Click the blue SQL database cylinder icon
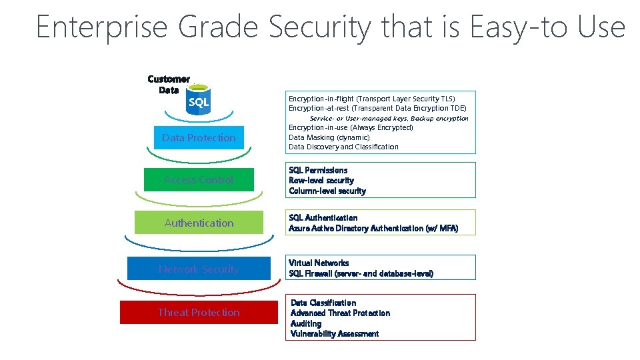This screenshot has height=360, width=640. click(x=199, y=101)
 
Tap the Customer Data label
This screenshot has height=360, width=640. click(x=169, y=84)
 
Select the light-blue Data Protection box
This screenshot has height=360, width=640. click(x=199, y=138)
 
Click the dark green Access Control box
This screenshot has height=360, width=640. click(x=199, y=179)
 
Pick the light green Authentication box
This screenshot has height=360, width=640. click(x=199, y=223)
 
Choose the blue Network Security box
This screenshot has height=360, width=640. click(x=199, y=269)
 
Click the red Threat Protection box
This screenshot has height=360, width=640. click(x=199, y=312)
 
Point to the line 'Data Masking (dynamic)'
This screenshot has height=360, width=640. click(x=329, y=137)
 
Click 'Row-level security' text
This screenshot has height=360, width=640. click(x=321, y=181)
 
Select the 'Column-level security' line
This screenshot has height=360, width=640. click(x=327, y=191)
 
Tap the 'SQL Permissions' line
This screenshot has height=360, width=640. click(x=318, y=170)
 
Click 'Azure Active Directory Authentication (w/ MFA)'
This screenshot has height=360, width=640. click(x=373, y=228)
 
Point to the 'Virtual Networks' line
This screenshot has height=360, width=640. click(x=319, y=263)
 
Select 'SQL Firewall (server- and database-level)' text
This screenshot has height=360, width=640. click(x=361, y=273)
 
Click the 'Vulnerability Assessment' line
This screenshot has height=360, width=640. click(x=335, y=333)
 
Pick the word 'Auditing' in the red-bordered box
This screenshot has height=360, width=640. click(x=306, y=323)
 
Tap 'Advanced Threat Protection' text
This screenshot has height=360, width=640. click(x=340, y=313)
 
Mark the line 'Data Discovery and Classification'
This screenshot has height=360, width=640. click(x=343, y=147)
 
